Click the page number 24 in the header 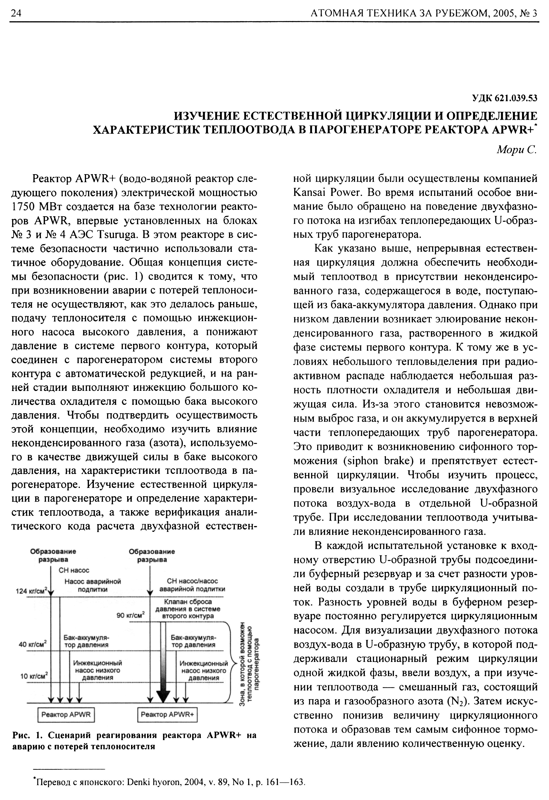tap(16, 13)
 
